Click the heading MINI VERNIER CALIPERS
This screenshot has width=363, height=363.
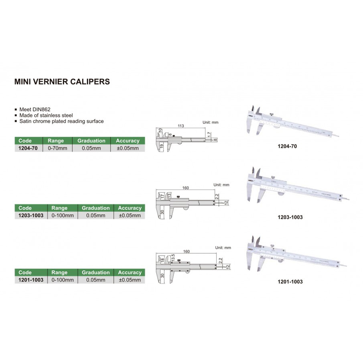pyautogui.click(x=62, y=81)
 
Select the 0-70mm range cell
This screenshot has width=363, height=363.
pyautogui.click(x=57, y=148)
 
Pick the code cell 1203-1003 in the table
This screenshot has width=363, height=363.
pyautogui.click(x=30, y=215)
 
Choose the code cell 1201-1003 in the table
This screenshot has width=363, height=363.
pyautogui.click(x=30, y=280)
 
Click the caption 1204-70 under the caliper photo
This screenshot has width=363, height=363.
pyautogui.click(x=287, y=147)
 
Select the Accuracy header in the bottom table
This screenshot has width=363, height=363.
pyautogui.click(x=129, y=272)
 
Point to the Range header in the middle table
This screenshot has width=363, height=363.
pyautogui.click(x=60, y=208)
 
